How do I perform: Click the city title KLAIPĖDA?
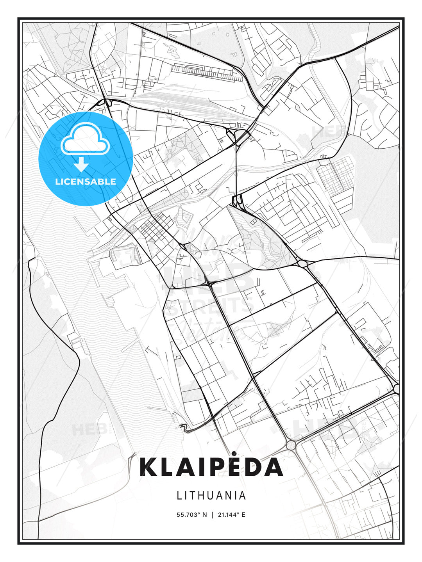tap(211, 467)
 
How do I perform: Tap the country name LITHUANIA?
tap(211, 495)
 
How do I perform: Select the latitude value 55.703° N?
tap(192, 515)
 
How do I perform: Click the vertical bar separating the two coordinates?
tap(212, 515)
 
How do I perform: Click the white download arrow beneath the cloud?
tap(81, 164)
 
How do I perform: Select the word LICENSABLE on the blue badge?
tap(86, 181)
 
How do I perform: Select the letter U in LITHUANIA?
tap(213, 495)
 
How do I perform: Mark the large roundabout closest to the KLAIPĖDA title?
tap(291, 445)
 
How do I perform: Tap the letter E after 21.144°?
tap(243, 515)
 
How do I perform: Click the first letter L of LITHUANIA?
tap(179, 495)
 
